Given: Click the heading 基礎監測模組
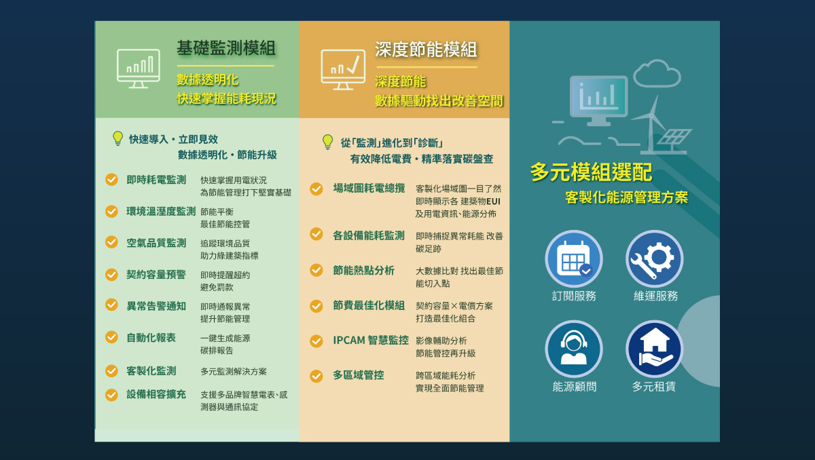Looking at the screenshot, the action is pyautogui.click(x=226, y=48).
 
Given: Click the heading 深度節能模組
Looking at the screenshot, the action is pyautogui.click(x=426, y=50).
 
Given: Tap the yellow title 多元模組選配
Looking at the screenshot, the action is pyautogui.click(x=591, y=172).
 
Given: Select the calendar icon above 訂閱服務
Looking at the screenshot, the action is pyautogui.click(x=574, y=258).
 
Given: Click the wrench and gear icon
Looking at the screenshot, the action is pyautogui.click(x=654, y=258).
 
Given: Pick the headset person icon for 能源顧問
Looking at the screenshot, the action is pyautogui.click(x=574, y=349).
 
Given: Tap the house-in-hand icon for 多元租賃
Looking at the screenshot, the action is pyautogui.click(x=654, y=349).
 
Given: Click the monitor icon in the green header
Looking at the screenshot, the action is pyautogui.click(x=139, y=69).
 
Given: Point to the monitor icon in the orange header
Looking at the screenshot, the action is pyautogui.click(x=343, y=70).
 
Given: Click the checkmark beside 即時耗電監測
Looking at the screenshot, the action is pyautogui.click(x=111, y=180).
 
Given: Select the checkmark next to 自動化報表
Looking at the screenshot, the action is pyautogui.click(x=111, y=337).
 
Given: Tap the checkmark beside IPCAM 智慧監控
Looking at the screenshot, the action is pyautogui.click(x=316, y=341).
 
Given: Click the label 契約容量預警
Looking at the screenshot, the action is pyautogui.click(x=156, y=274).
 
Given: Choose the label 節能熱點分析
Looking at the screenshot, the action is pyautogui.click(x=363, y=270).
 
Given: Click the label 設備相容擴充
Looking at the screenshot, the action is pyautogui.click(x=156, y=394).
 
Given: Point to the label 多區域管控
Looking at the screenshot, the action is pyautogui.click(x=359, y=375).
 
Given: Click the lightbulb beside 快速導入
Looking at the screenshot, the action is pyautogui.click(x=117, y=138).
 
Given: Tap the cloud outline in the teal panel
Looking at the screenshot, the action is pyautogui.click(x=657, y=73).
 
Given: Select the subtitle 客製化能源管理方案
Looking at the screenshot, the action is pyautogui.click(x=626, y=197).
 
